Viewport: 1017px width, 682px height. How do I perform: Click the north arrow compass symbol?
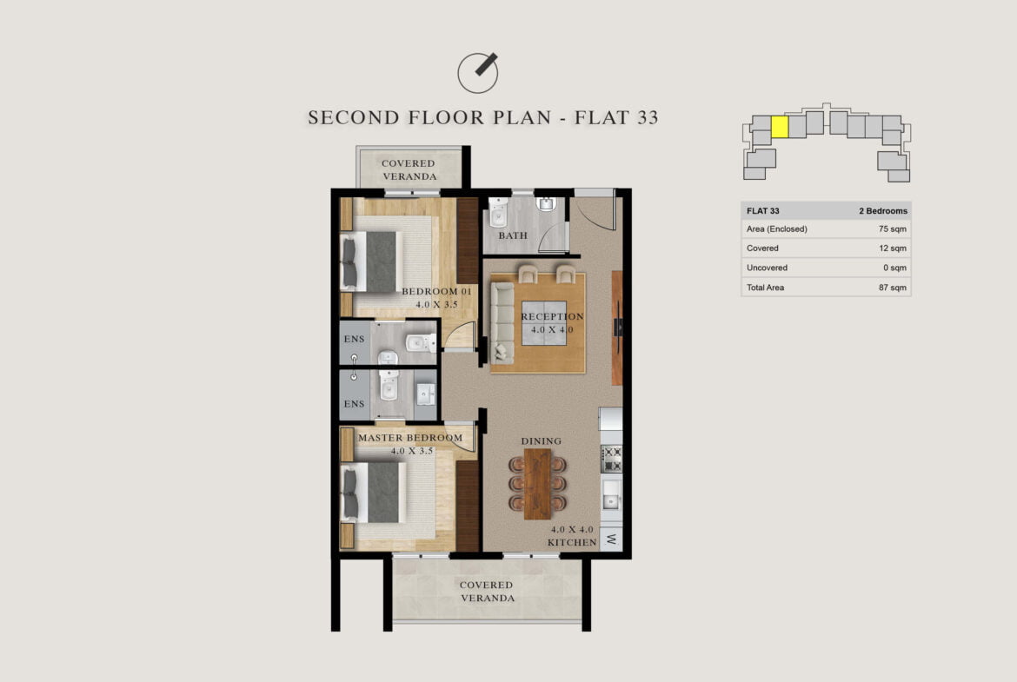point(478,72)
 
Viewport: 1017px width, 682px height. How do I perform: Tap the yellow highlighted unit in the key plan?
point(780,127)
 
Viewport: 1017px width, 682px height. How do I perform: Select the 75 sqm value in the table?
point(893,228)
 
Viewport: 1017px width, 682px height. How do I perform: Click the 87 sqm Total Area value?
point(893,288)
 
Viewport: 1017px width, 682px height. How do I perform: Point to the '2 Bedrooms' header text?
point(883,211)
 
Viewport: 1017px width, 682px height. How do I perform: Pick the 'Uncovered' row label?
point(767,268)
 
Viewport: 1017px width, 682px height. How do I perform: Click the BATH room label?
point(512,235)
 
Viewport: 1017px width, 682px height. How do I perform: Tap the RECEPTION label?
point(552,316)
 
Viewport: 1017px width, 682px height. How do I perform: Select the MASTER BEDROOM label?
point(410,438)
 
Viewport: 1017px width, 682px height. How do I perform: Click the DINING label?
point(541,440)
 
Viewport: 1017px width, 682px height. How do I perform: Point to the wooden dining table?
point(537,484)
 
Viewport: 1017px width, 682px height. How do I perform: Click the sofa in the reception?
point(502,322)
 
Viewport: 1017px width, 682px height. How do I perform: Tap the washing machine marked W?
point(611,539)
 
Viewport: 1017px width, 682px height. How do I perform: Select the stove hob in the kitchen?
point(611,459)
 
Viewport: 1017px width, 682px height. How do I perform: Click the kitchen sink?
point(611,496)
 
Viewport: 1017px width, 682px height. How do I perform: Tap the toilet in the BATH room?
point(498,212)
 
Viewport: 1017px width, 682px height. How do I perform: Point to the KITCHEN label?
point(571,542)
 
